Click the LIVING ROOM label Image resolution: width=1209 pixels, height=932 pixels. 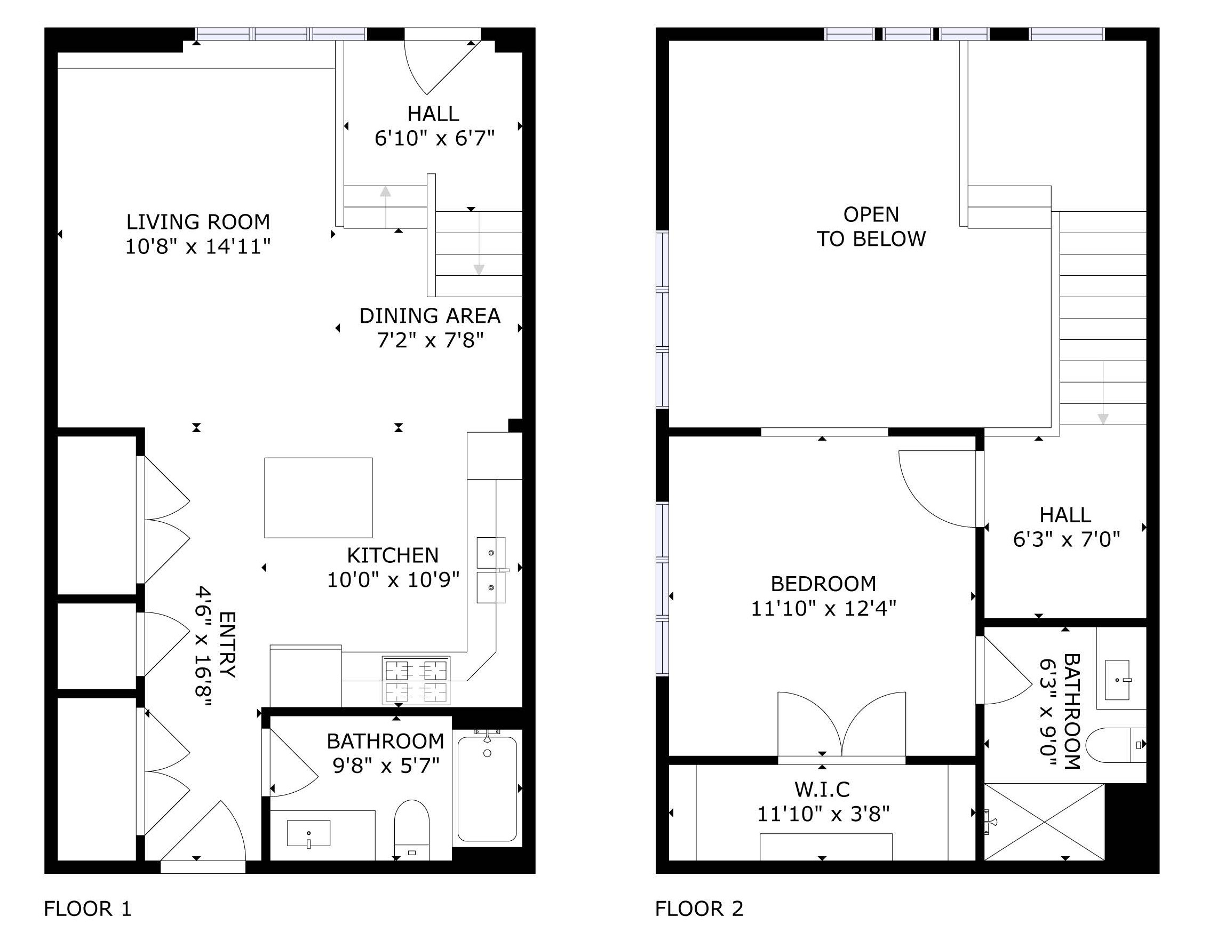tap(198, 222)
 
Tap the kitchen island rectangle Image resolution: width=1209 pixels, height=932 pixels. tap(319, 498)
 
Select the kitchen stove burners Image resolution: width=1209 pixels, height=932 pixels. tap(416, 681)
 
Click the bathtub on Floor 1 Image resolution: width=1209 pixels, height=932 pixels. tap(487, 788)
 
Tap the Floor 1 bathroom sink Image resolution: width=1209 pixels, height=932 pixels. tap(308, 833)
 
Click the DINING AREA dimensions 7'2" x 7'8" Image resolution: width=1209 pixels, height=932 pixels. tap(430, 340)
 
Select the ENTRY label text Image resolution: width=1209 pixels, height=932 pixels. tap(227, 644)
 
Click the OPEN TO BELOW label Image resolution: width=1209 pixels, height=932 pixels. tap(871, 226)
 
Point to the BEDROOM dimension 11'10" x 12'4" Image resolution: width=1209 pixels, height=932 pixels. tap(823, 608)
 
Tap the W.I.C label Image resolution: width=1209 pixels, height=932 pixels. tap(822, 789)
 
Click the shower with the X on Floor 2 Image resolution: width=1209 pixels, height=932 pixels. tap(1044, 822)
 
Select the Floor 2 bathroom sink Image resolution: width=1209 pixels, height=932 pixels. tap(1117, 680)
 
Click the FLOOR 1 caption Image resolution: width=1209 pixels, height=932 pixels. tap(88, 909)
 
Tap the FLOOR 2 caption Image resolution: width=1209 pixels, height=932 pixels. tap(699, 909)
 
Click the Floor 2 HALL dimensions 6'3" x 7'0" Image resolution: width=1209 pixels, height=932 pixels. tap(1066, 539)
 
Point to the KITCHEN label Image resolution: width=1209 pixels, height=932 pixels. tap(393, 555)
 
